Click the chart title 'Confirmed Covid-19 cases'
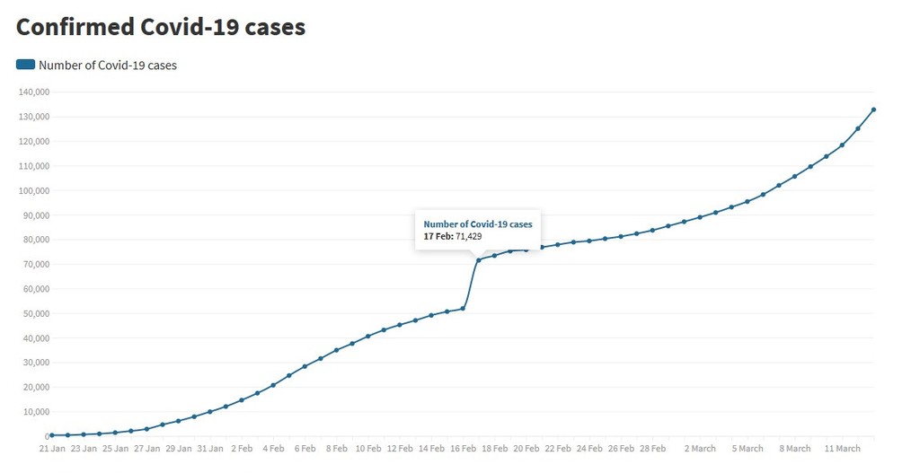[161, 27]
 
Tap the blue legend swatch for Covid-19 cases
[25, 65]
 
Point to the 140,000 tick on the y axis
[33, 92]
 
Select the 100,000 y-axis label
[33, 190]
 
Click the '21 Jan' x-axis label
[52, 448]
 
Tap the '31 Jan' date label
[210, 448]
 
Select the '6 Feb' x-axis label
[305, 448]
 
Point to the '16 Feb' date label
[463, 448]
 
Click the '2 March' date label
[700, 448]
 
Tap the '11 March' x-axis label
[843, 448]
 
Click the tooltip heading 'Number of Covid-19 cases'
[478, 223]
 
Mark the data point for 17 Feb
[479, 260]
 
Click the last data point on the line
[873, 109]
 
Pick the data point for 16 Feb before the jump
[463, 309]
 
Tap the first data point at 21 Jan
[52, 435]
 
